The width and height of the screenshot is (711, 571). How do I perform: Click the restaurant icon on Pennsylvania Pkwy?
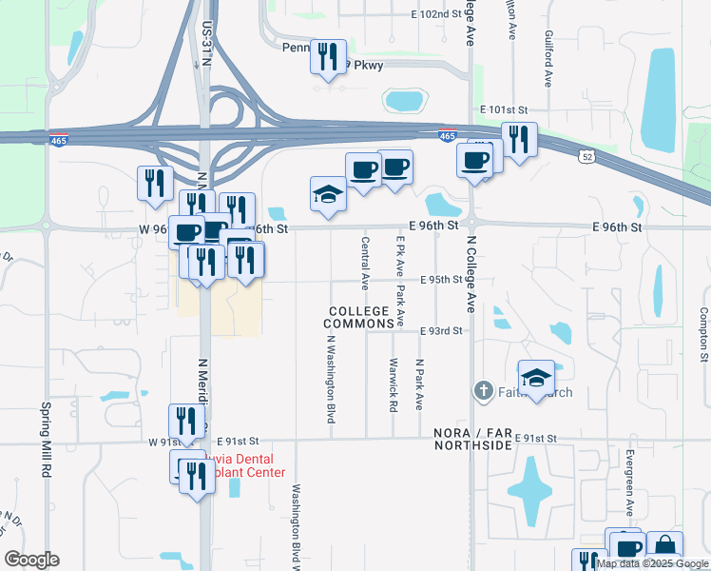click(x=328, y=57)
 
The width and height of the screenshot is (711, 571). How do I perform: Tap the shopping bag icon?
click(x=665, y=547)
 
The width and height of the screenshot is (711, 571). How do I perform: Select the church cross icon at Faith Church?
click(x=483, y=390)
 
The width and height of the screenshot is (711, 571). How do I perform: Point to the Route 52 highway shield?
click(x=589, y=155)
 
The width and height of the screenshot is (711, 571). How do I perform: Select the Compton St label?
click(x=703, y=334)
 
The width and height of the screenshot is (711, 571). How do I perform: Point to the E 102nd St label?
click(x=435, y=14)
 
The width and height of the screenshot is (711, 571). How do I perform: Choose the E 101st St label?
click(x=503, y=110)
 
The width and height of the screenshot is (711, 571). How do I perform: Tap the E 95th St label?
click(x=440, y=280)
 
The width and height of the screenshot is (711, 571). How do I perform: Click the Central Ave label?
click(x=365, y=264)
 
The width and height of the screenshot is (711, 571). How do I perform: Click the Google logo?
click(x=31, y=560)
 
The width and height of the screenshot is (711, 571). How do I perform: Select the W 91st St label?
click(x=164, y=442)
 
